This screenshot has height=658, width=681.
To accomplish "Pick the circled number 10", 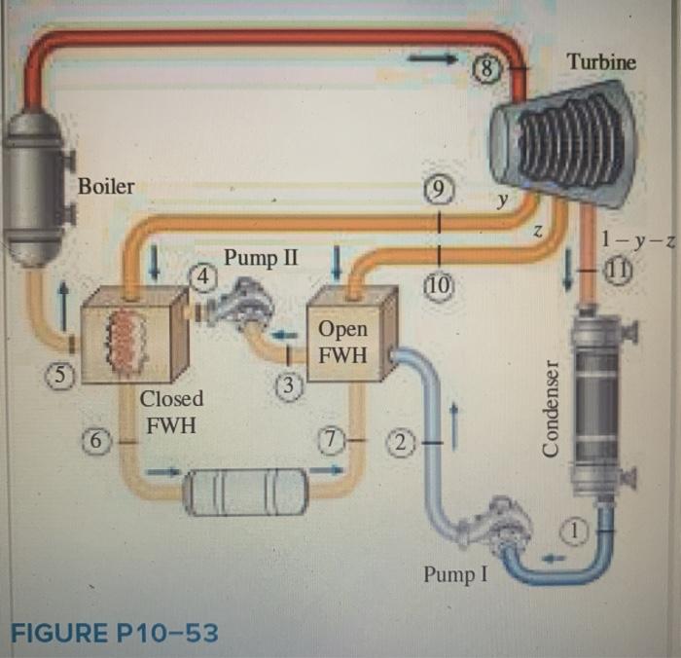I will pyautogui.click(x=439, y=284).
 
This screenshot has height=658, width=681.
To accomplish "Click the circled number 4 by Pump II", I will pyautogui.click(x=202, y=277).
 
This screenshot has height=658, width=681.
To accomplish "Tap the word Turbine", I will pyautogui.click(x=602, y=62).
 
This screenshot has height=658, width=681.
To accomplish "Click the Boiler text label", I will pyautogui.click(x=106, y=186).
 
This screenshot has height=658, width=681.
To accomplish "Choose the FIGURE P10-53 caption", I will pyautogui.click(x=114, y=634).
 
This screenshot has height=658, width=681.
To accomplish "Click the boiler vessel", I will pyautogui.click(x=37, y=185).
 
